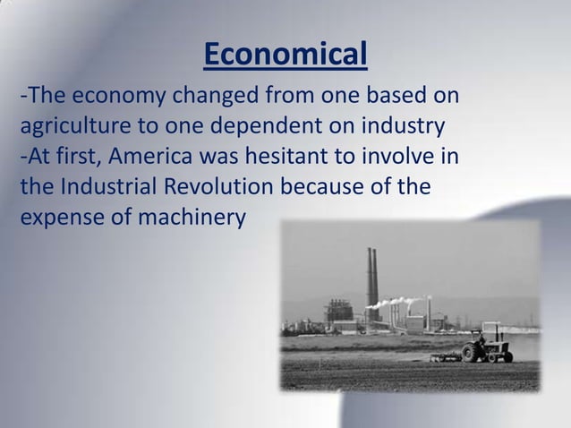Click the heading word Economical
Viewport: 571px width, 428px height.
pos(285,56)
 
